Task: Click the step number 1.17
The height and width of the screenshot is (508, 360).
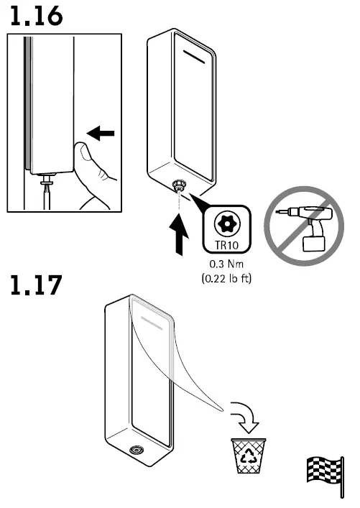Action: tap(35, 287)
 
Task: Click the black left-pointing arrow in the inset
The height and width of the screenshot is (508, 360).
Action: tap(100, 133)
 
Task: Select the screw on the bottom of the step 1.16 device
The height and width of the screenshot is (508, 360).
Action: tap(176, 185)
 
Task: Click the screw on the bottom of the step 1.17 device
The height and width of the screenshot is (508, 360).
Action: tap(134, 451)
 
